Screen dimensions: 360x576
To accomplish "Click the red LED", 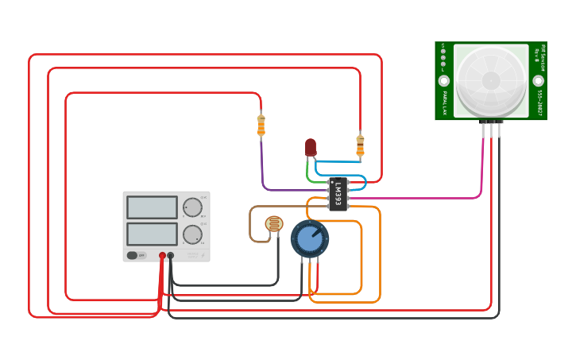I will tap(311, 147).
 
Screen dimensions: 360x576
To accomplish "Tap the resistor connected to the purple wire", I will tap(261, 125).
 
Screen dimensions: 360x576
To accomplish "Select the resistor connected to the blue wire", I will tap(360, 145).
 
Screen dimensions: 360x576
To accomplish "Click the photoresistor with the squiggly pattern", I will tap(274, 224).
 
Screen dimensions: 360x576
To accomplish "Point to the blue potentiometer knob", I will tap(310, 238).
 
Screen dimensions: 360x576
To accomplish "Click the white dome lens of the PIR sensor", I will tap(491, 79).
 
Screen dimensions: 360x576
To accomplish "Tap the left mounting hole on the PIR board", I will tap(444, 81).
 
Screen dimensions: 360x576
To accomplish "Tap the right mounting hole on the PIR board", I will tap(538, 81).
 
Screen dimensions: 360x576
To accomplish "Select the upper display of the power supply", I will tap(152, 207).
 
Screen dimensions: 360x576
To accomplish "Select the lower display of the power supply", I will tap(152, 234).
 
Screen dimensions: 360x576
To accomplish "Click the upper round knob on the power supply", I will tap(192, 207).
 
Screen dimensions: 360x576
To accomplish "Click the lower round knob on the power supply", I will tap(192, 234).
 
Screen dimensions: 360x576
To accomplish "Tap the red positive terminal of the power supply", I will tap(162, 255).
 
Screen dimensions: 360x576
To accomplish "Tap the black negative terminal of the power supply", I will tap(171, 255).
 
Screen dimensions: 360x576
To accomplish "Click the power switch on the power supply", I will tap(137, 255).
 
